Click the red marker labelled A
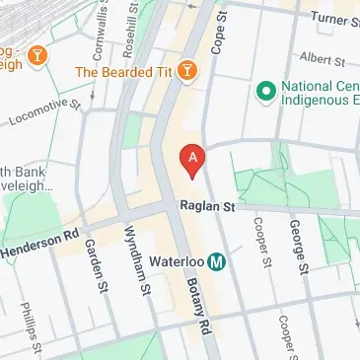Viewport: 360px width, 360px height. click(x=192, y=158)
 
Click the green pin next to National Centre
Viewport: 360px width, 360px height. click(x=264, y=92)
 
